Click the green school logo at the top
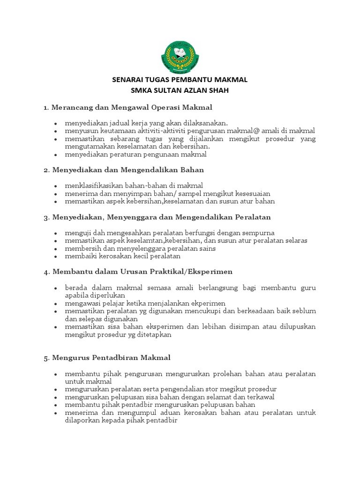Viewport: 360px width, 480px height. coord(180,57)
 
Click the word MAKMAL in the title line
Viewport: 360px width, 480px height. coord(230,80)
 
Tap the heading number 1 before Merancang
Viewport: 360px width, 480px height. coord(45,107)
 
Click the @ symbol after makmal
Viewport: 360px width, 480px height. coord(258,131)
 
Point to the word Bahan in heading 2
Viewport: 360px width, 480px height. coord(194,169)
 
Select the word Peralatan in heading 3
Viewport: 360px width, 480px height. coord(255,217)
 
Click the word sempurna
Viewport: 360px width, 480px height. coord(258,233)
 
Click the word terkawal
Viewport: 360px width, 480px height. coord(274,397)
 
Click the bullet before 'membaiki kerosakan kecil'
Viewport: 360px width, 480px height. coord(56,257)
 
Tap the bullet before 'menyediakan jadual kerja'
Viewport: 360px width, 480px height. coord(56,123)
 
